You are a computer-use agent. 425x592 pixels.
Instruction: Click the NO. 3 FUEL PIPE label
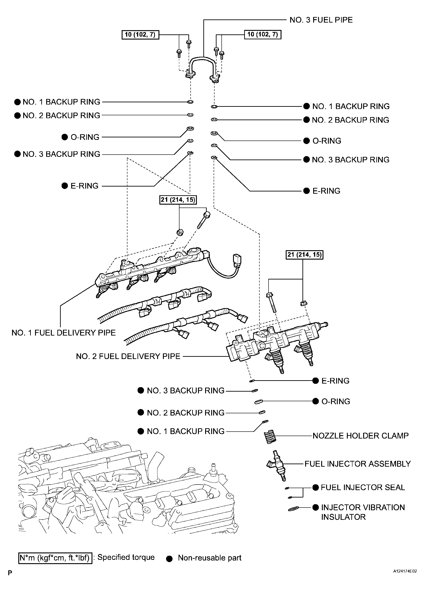click(321, 20)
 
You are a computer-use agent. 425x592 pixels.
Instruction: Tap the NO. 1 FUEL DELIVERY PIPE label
click(64, 333)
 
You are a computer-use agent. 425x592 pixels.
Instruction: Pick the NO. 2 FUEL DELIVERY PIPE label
click(128, 356)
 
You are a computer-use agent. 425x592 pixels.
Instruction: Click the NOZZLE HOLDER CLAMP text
click(360, 436)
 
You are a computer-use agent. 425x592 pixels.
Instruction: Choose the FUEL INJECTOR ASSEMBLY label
click(357, 464)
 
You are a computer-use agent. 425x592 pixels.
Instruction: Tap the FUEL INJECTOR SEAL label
click(362, 487)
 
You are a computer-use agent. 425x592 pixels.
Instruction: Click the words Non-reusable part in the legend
click(209, 558)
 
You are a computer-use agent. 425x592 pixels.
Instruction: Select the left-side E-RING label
click(84, 186)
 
